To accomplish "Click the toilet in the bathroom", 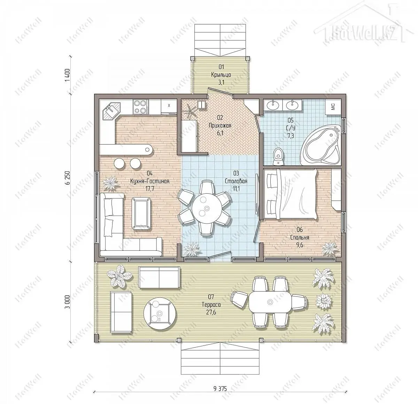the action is pyautogui.click(x=278, y=156).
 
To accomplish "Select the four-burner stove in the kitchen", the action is pyautogui.click(x=141, y=107).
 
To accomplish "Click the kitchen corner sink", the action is pyautogui.click(x=111, y=111).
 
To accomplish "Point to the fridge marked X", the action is pyautogui.click(x=169, y=106).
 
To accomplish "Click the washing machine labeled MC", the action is pyautogui.click(x=333, y=107).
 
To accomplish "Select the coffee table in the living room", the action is pyautogui.click(x=141, y=213).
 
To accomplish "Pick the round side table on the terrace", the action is pyautogui.click(x=160, y=313).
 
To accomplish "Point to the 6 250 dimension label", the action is pyautogui.click(x=68, y=178).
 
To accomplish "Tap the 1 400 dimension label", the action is pyautogui.click(x=68, y=75).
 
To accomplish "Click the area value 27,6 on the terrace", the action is pyautogui.click(x=211, y=312).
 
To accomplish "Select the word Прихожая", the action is pyautogui.click(x=220, y=125).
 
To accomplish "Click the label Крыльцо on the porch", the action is pyautogui.click(x=221, y=75).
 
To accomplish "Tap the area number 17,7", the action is pyautogui.click(x=150, y=189).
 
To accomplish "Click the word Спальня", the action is pyautogui.click(x=300, y=238).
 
